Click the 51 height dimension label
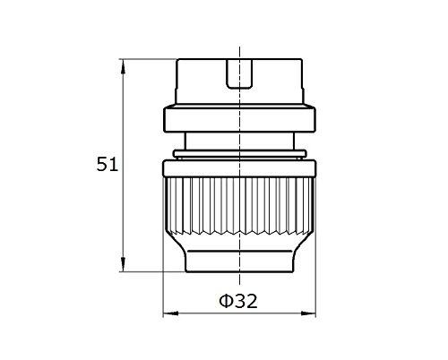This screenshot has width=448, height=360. pyautogui.click(x=108, y=164)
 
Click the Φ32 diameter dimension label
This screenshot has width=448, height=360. pyautogui.click(x=238, y=301)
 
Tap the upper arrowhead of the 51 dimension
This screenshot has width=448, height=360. pyautogui.click(x=123, y=66)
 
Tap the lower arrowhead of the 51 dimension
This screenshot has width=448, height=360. pyautogui.click(x=123, y=264)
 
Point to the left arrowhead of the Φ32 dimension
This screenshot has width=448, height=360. pyautogui.click(x=170, y=313)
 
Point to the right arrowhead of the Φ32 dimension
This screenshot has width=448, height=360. pyautogui.click(x=308, y=313)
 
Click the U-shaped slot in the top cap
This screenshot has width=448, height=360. pyautogui.click(x=239, y=74)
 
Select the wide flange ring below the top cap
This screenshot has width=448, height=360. pyautogui.click(x=239, y=118)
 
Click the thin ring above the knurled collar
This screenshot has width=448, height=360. pyautogui.click(x=239, y=154)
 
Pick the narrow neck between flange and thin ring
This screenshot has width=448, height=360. pyautogui.click(x=239, y=141)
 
